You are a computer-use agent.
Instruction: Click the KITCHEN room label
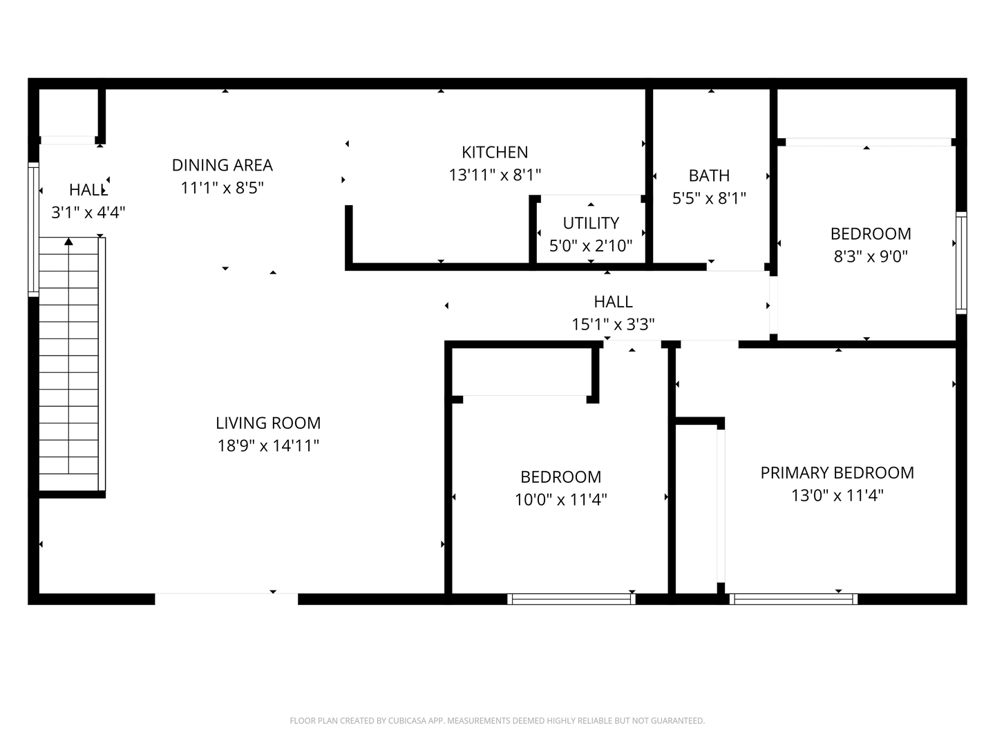point(495,152)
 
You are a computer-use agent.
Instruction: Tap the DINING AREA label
point(222,165)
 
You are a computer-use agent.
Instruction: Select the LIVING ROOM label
point(268,423)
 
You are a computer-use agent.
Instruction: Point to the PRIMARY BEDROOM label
point(837,472)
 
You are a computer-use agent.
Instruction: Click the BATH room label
point(709,175)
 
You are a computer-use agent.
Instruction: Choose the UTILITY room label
point(590,223)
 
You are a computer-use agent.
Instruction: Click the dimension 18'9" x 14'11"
point(268,446)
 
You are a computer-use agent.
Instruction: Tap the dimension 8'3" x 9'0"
point(870,256)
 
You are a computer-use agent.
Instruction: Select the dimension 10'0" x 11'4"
point(560,499)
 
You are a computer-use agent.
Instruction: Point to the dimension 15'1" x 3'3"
point(613,324)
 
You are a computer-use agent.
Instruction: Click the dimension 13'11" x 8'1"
point(495,175)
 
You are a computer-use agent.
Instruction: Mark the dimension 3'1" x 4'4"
point(88,212)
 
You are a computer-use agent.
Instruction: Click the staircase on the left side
point(69,366)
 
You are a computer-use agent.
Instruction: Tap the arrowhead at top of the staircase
point(68,241)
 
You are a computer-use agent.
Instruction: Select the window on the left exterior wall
point(33,229)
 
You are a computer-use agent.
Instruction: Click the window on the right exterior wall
point(961,262)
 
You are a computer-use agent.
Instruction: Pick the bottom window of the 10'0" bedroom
point(571,599)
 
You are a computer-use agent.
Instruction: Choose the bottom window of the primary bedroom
point(793,599)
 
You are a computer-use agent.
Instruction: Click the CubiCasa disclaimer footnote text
point(497,720)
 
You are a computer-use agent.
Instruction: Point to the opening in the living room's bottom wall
point(226,599)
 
